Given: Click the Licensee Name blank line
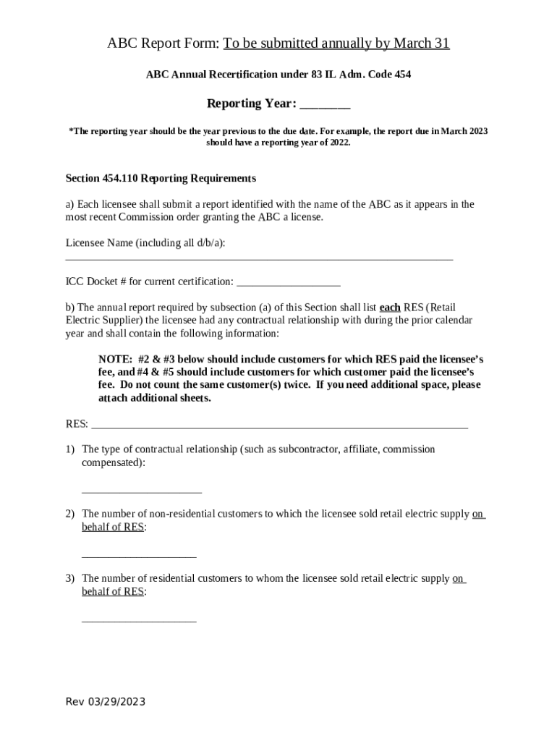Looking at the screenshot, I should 259,258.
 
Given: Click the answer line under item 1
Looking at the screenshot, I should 142,492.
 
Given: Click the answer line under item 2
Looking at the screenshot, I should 139,556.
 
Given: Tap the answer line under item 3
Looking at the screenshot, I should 139,620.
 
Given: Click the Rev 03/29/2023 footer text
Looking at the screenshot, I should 106,702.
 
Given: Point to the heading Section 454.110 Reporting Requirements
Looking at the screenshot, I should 161,178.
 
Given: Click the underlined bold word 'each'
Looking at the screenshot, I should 390,307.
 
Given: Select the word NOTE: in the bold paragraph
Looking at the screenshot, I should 114,359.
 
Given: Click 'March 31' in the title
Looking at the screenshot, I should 421,43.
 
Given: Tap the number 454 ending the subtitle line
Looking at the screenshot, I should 402,75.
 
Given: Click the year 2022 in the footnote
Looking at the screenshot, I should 338,143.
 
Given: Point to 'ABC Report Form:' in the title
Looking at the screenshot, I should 163,43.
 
